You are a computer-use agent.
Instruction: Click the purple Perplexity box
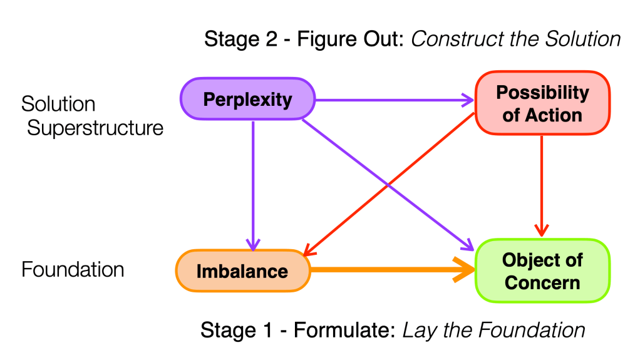click(247, 100)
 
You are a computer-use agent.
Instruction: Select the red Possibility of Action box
click(542, 104)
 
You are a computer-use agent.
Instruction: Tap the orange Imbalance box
click(243, 271)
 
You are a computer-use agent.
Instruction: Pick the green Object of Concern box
click(542, 271)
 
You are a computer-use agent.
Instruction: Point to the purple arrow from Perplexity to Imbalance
click(253, 182)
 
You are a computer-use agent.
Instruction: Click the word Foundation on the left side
click(73, 270)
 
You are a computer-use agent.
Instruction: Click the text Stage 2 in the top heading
click(239, 40)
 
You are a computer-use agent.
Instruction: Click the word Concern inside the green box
click(542, 282)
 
